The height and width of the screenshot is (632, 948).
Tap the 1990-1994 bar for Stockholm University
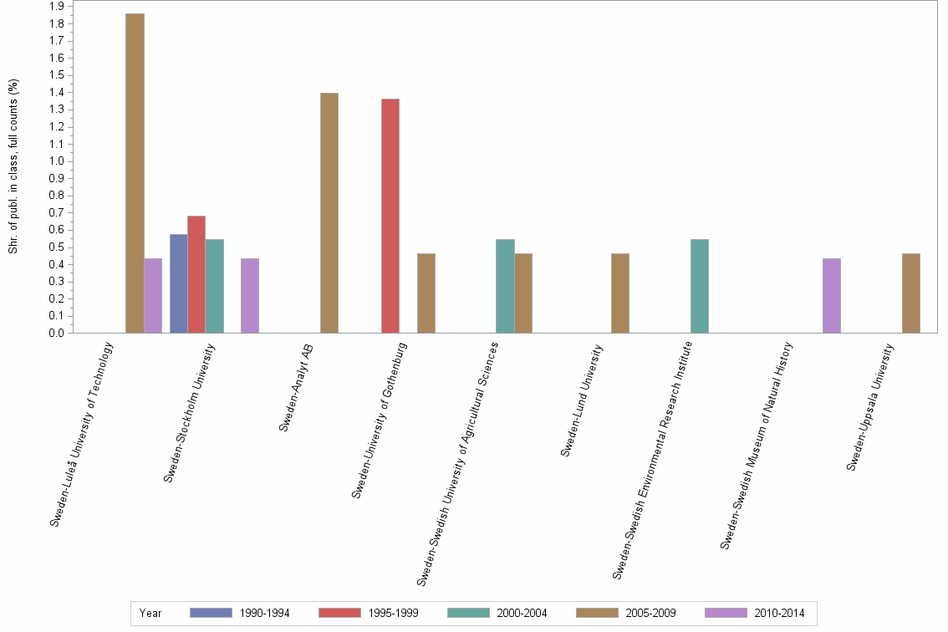click(178, 283)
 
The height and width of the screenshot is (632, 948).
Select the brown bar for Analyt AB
click(329, 212)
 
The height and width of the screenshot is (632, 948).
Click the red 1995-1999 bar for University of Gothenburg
click(390, 216)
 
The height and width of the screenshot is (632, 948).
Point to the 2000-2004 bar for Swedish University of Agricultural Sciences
click(505, 286)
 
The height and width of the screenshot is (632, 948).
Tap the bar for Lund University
click(620, 293)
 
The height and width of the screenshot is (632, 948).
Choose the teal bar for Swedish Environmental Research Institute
click(700, 286)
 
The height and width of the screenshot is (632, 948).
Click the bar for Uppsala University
click(911, 293)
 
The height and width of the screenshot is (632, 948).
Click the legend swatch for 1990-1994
click(211, 613)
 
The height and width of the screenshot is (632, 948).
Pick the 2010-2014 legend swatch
click(726, 613)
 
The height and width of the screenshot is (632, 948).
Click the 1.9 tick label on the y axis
click(56, 7)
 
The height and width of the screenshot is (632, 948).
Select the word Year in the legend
click(150, 614)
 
